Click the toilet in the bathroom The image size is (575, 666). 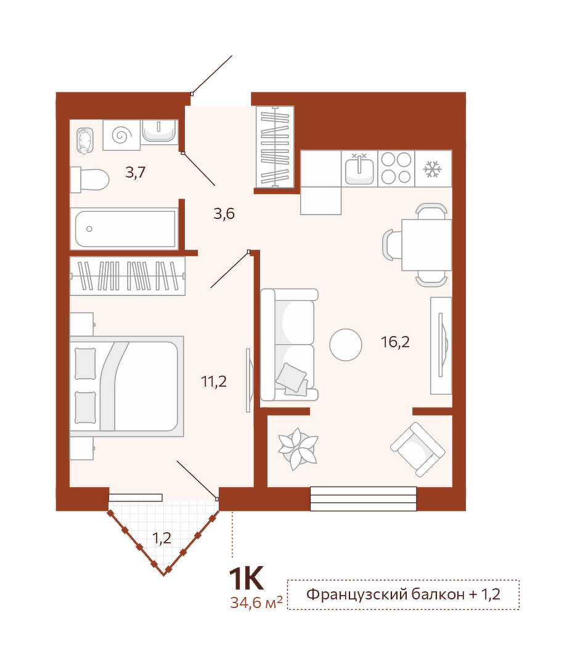coord(89,179)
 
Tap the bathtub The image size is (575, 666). coord(126,229)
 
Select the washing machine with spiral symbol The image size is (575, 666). coord(121,135)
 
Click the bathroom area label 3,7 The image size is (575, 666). coord(136,172)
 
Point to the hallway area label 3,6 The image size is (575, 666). coord(224,213)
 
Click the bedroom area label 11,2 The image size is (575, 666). coord(214,381)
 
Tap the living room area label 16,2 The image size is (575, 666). coord(395,342)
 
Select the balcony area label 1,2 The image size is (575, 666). coord(161,538)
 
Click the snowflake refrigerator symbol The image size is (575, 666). coord(433,168)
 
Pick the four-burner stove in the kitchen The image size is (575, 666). coord(396,168)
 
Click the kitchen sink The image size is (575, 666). coord(359,168)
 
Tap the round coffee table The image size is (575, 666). coord(346,345)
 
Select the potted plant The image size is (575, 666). coord(298,449)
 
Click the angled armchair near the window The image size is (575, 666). coord(418,449)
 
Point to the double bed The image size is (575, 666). coord(127,386)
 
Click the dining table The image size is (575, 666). coord(426,245)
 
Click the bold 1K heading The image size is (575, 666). coord(247,578)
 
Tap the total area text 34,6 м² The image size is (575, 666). coord(256,602)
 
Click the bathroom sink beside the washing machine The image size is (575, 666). coord(160,131)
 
